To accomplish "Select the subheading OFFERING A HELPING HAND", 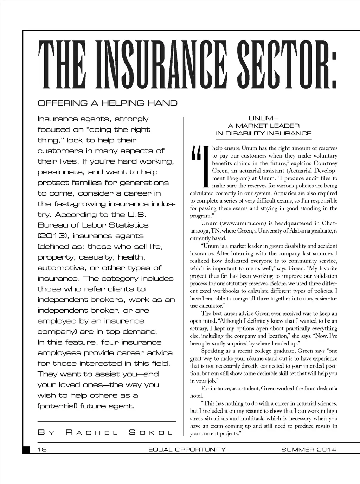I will [107, 103].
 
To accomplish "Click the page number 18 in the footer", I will [45, 450].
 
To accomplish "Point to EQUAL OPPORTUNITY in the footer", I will [187, 450].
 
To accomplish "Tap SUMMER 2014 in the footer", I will [309, 450].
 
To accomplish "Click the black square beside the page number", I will [27, 450].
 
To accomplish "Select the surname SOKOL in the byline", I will [151, 432].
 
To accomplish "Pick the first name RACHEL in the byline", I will [92, 432].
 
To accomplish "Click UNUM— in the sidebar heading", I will [263, 118].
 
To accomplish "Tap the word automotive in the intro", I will [62, 268].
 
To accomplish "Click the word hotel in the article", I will [196, 396].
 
